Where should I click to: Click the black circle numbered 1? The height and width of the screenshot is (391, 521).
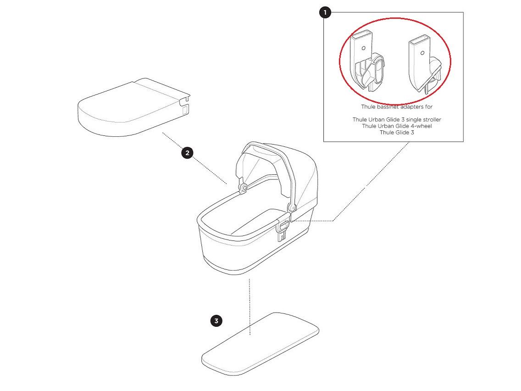(325, 13)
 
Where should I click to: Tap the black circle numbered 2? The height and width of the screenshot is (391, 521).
(188, 153)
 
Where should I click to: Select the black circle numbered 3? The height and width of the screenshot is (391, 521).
(216, 321)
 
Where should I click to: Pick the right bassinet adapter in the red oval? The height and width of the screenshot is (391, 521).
(425, 64)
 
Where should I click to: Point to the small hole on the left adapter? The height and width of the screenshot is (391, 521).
(364, 48)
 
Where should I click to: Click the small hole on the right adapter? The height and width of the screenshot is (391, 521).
(422, 53)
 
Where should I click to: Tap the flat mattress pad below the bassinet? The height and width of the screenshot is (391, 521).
(260, 344)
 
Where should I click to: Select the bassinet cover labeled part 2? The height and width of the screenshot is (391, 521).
(134, 107)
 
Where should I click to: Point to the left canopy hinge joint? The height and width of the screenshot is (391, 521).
(244, 188)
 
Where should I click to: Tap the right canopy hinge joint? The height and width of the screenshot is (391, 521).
(292, 207)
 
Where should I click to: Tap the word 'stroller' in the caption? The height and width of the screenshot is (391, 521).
(431, 119)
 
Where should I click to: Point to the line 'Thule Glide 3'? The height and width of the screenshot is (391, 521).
(397, 132)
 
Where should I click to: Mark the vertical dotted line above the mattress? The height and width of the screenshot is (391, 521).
(249, 307)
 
